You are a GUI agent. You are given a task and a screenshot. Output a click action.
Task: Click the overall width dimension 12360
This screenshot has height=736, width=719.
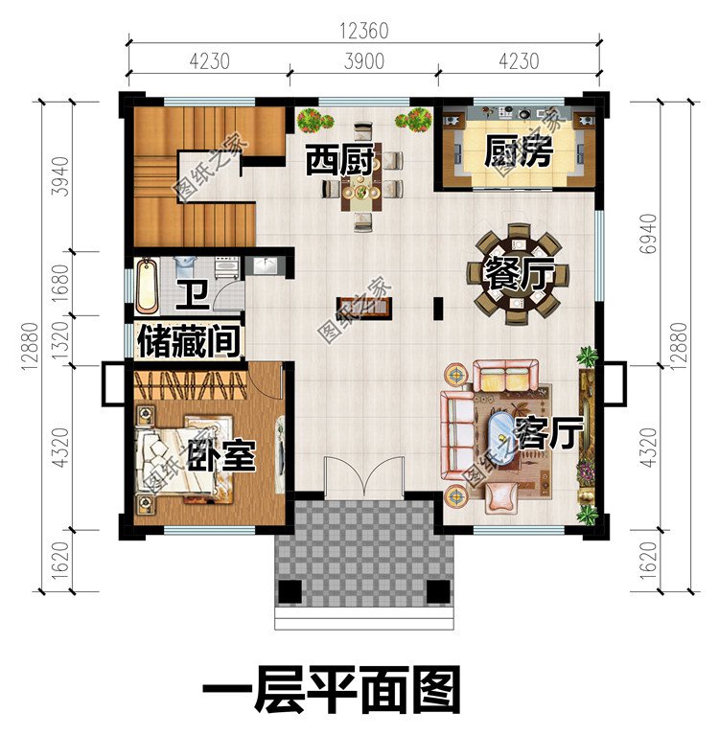(x=363, y=31)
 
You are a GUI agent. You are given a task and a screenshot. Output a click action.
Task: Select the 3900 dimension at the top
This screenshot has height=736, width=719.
(x=363, y=62)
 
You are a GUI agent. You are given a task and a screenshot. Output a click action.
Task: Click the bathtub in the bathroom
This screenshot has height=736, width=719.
(x=147, y=286)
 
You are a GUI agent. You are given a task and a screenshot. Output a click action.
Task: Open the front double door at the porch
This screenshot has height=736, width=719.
(x=361, y=476)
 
